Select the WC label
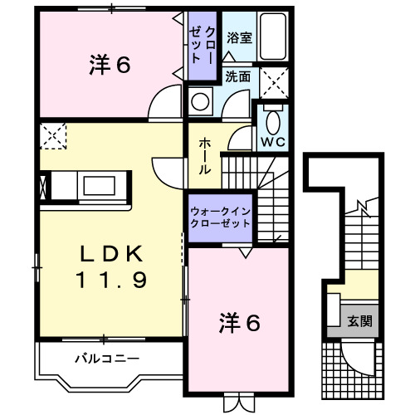(x=273, y=141)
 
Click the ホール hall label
(x=204, y=156)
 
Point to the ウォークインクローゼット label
(x=219, y=217)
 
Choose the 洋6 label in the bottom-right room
(x=240, y=321)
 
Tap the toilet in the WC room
(x=272, y=119)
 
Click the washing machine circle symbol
(x=200, y=101)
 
